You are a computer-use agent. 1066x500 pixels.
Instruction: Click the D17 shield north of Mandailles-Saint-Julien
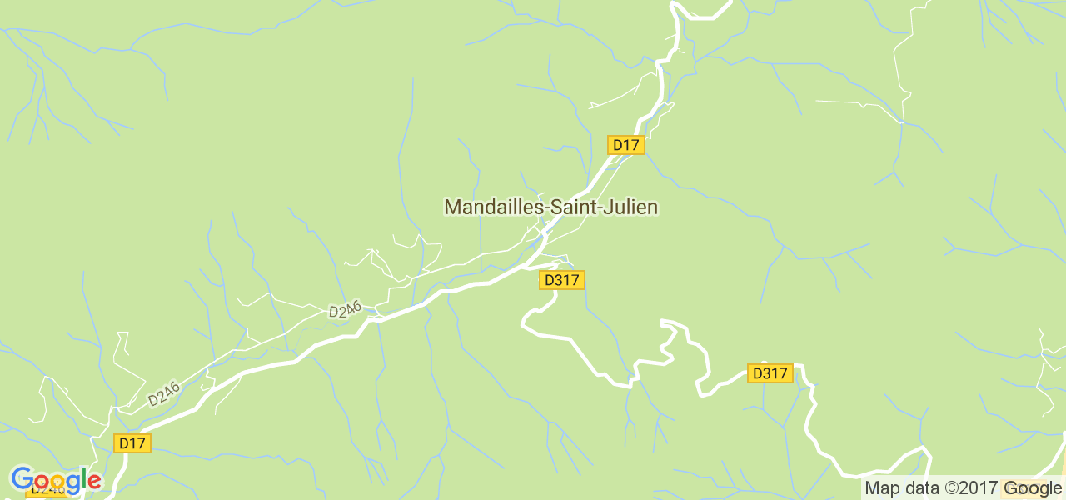[x=625, y=145]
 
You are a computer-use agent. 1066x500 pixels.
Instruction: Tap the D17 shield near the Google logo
[x=132, y=443]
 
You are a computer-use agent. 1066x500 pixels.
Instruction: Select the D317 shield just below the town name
[x=561, y=280]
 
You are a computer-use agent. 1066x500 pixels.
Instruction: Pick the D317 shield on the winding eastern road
[x=770, y=373]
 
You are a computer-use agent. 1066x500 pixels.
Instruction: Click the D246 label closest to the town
[x=345, y=311]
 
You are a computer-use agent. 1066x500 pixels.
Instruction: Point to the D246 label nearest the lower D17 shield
[x=164, y=394]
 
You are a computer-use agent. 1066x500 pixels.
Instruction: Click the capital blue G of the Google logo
[x=21, y=479]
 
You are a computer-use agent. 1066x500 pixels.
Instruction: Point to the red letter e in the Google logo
[x=94, y=481]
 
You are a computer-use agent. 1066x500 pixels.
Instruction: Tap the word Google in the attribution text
[x=1033, y=488]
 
